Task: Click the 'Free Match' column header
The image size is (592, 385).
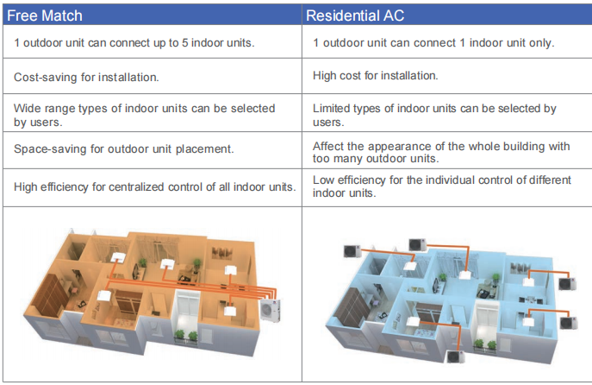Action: (x=45, y=16)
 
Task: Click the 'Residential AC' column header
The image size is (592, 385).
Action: (x=355, y=16)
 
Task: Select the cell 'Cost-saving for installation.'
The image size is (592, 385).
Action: (x=86, y=77)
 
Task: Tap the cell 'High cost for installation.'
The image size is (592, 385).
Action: (x=376, y=76)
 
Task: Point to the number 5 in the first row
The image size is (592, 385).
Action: (x=184, y=43)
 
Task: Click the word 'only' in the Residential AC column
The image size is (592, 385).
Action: (x=541, y=43)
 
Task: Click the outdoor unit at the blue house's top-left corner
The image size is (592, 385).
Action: (x=352, y=251)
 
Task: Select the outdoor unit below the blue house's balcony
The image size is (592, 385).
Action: (x=456, y=357)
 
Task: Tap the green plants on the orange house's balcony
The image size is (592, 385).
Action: (x=186, y=336)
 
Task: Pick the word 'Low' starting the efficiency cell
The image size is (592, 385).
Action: (x=323, y=180)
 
